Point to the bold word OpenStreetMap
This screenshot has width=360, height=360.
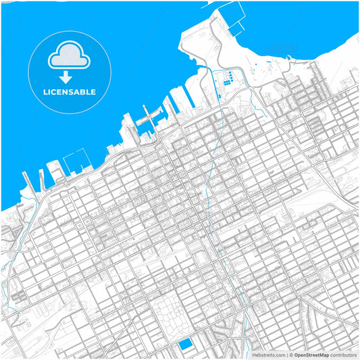[x=311, y=355]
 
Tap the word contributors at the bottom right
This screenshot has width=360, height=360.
[x=343, y=355]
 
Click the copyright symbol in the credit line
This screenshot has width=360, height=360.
[x=290, y=355]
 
